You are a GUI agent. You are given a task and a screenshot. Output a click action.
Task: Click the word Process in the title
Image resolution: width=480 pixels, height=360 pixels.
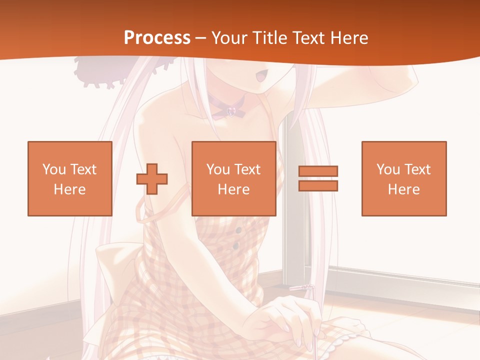pos(157,38)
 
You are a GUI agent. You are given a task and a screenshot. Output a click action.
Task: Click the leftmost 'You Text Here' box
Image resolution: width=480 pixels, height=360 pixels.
pos(69,178)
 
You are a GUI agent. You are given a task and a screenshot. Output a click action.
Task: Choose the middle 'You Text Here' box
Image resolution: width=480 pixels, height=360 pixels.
pos(233,178)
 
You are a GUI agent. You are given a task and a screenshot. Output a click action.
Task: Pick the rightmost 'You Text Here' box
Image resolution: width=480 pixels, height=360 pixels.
pos(403,178)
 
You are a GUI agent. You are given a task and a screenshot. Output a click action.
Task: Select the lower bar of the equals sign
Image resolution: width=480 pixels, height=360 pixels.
pos(318,185)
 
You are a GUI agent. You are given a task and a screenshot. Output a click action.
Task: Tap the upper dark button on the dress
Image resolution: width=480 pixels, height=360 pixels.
pos(238,230)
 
